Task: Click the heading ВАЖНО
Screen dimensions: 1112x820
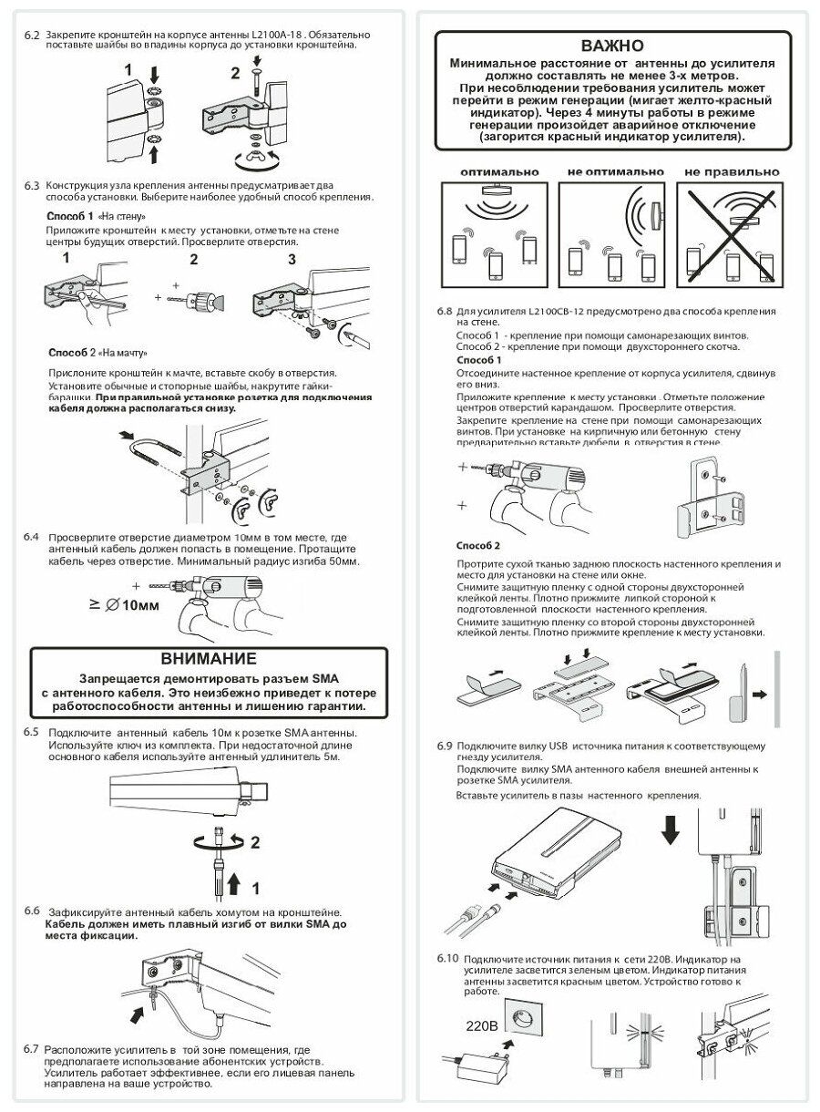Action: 611,46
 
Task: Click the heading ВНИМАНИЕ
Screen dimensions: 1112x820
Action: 209,658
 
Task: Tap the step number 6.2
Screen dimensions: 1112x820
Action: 31,35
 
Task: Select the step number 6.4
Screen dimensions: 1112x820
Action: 31,537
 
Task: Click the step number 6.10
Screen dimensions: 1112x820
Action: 448,960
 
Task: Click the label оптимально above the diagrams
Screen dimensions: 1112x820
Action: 498,171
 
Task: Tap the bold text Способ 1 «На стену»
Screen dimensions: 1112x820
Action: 96,217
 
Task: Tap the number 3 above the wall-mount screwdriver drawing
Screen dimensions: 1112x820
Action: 292,259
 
